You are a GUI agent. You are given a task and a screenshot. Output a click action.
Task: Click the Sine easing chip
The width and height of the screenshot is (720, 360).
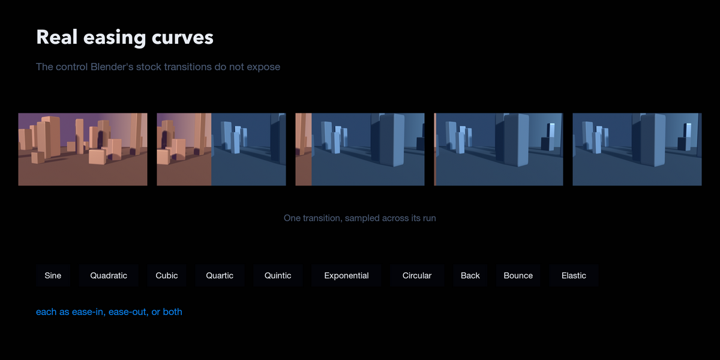[53, 275]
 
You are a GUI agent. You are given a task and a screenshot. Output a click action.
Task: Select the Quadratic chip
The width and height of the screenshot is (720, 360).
[109, 275]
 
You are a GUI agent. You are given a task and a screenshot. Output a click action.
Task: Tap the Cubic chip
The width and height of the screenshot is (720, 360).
[167, 275]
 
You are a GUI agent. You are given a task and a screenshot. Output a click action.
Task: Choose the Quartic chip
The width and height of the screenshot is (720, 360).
[220, 275]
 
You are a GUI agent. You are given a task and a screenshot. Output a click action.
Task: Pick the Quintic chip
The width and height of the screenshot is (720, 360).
[278, 275]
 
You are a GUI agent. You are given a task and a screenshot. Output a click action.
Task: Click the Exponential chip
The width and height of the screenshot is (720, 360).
[346, 275]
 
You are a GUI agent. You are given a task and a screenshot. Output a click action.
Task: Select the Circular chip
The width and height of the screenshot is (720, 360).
[417, 275]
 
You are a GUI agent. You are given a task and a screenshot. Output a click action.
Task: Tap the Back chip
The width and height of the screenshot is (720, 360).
[470, 275]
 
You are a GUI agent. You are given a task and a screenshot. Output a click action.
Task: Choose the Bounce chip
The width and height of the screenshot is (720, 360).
[518, 275]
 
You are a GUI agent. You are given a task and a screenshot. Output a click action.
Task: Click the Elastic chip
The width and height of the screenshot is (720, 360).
[574, 275]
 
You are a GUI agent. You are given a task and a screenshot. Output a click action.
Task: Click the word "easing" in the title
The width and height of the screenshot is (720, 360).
[115, 38]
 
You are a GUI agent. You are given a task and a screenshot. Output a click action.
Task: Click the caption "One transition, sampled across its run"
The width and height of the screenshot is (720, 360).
[359, 218]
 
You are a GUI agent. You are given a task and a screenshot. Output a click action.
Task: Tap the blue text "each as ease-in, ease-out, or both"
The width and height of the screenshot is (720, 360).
[109, 312]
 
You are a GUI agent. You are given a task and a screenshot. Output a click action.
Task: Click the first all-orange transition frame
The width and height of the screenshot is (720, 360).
[83, 149]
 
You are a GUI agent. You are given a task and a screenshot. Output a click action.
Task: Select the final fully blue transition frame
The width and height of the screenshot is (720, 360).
[637, 149]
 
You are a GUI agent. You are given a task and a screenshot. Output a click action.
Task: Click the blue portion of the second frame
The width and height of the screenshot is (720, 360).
[248, 149]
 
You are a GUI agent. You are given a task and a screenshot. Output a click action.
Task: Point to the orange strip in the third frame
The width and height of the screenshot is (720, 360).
[304, 149]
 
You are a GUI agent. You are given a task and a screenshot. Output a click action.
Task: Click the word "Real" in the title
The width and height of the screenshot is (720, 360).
[57, 37]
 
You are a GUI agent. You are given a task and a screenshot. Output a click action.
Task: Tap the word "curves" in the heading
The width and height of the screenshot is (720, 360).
[182, 38]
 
